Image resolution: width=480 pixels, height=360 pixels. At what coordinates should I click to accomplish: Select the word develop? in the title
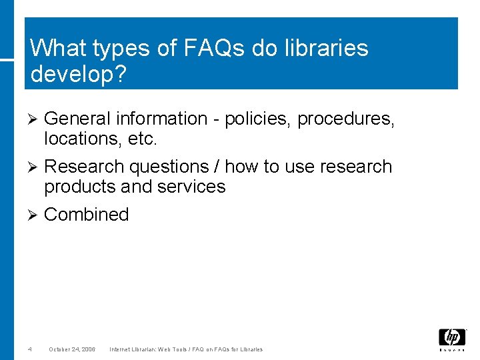tap(78, 74)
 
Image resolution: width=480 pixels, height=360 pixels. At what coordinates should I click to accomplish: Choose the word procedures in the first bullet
tap(346, 119)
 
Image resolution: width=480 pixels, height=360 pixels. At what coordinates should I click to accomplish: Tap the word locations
tap(77, 139)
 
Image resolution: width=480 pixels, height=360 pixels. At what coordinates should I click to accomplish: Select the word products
tap(82, 187)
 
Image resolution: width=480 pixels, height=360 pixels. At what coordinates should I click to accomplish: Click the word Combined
tap(86, 215)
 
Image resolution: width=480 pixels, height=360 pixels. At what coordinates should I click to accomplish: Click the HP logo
tap(451, 338)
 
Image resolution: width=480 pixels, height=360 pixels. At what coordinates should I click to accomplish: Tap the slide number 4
tap(30, 349)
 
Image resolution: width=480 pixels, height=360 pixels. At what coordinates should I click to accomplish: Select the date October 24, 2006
tap(72, 349)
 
